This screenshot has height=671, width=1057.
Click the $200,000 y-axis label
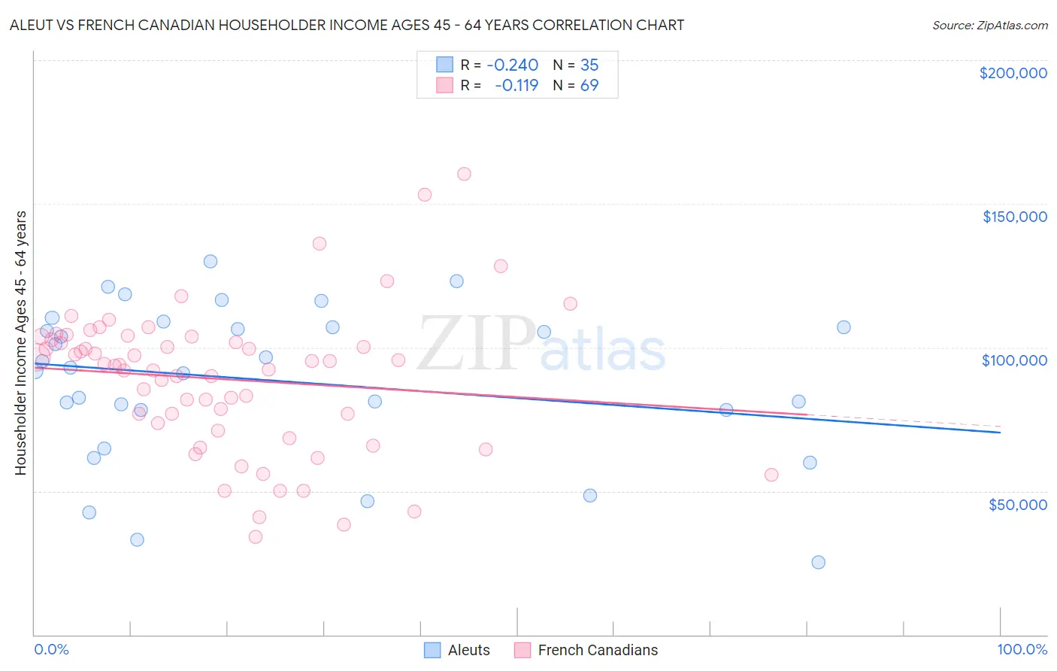[1013, 73]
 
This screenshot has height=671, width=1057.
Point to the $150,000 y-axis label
[1014, 217]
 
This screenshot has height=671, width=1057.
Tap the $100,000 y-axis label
[1014, 360]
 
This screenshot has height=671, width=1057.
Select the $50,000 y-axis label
[1017, 504]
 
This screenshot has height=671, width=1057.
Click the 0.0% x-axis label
[51, 649]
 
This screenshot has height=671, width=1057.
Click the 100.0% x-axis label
[1022, 649]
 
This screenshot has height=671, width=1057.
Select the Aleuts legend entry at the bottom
[457, 650]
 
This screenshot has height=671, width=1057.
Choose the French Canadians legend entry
[586, 650]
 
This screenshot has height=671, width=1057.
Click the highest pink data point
[464, 174]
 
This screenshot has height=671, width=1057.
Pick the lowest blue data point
[819, 562]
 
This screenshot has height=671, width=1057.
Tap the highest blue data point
[210, 261]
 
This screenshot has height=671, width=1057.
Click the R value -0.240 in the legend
[513, 65]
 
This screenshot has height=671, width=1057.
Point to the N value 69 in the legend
[589, 86]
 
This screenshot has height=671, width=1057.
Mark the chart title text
[347, 25]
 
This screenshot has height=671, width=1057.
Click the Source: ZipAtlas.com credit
[989, 25]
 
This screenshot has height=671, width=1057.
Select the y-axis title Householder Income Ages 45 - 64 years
[20, 343]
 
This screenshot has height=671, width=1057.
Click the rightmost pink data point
[771, 475]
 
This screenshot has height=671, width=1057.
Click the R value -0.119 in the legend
[516, 86]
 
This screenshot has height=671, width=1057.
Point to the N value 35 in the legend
[589, 65]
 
